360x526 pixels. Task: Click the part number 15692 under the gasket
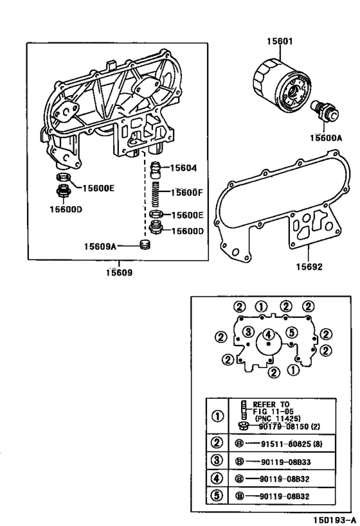tap(309, 267)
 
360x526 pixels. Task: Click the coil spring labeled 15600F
tap(156, 193)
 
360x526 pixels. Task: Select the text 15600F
tap(186, 192)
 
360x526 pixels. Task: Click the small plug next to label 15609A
tap(146, 245)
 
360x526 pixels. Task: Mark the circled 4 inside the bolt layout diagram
tap(269, 333)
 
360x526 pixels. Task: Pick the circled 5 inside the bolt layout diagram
tap(291, 332)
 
